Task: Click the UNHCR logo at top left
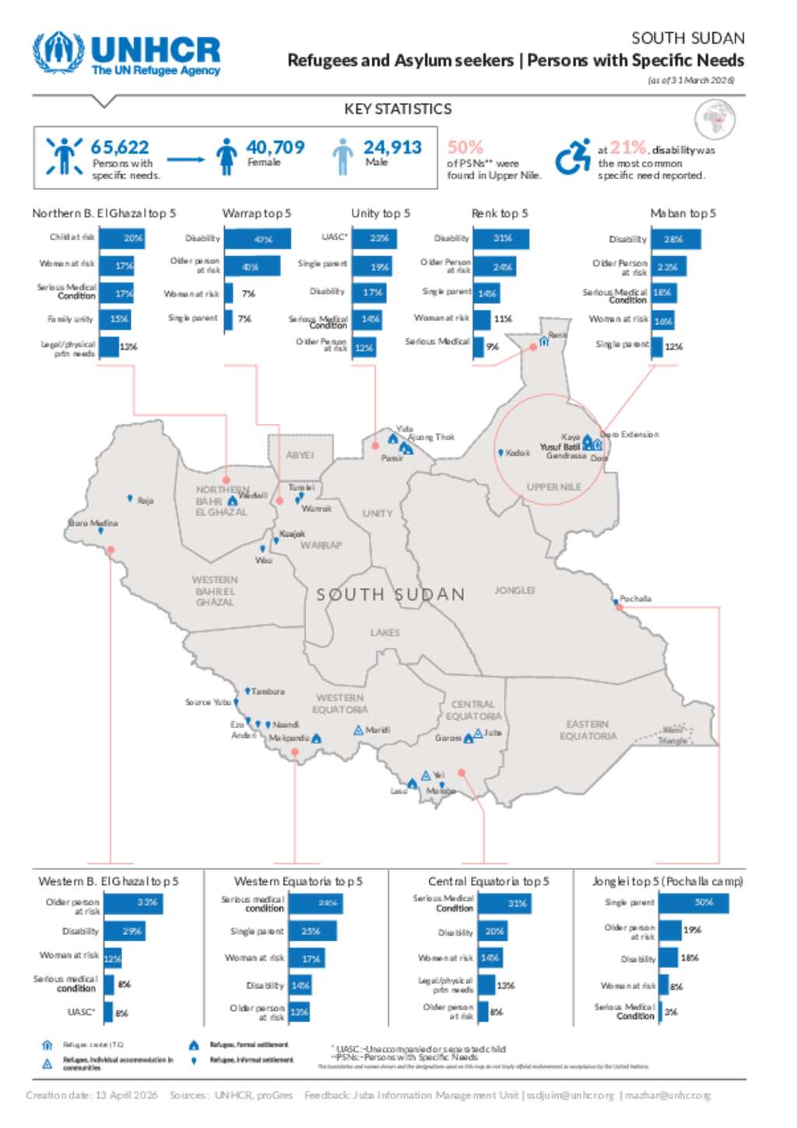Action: [x=126, y=53]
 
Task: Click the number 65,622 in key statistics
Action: [x=119, y=147]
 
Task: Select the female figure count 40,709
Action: [x=275, y=147]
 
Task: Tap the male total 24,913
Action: [x=392, y=147]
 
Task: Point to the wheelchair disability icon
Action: [x=573, y=157]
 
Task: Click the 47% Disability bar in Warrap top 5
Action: [x=258, y=239]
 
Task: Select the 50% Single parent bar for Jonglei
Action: [x=694, y=903]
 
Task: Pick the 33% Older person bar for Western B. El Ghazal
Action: [x=134, y=903]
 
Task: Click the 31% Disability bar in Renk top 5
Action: [x=501, y=238]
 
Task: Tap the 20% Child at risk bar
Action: [x=122, y=238]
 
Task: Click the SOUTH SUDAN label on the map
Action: [x=390, y=594]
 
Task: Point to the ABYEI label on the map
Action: [x=300, y=455]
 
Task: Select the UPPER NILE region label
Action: [x=553, y=488]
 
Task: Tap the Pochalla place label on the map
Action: [x=635, y=599]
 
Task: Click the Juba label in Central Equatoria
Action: [x=493, y=733]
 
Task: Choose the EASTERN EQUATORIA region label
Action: [x=588, y=730]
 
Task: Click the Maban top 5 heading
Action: [x=683, y=213]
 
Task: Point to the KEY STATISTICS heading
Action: [x=398, y=109]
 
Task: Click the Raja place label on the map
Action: [x=146, y=501]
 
